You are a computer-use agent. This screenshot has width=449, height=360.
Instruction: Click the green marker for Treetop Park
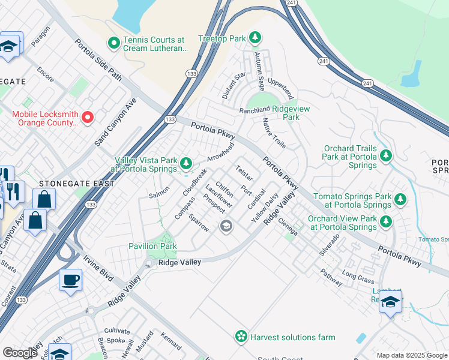255,38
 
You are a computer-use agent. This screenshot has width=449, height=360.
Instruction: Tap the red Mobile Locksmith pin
88,117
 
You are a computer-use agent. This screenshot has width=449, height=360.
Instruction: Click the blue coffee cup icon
70,280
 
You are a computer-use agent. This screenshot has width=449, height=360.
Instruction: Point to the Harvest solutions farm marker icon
241,337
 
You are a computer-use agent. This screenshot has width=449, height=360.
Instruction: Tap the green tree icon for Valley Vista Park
186,163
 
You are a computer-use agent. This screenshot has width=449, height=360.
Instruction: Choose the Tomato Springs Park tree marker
400,199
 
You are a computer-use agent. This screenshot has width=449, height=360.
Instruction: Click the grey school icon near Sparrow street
226,226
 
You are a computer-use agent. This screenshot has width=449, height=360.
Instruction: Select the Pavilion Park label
152,246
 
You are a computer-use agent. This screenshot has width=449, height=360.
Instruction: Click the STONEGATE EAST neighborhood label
76,183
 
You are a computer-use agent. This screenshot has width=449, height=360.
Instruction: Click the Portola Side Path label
98,61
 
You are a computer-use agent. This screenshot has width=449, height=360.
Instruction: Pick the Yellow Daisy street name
265,208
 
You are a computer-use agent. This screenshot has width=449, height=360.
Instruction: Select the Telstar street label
244,173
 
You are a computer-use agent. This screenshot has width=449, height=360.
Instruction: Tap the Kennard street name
170,341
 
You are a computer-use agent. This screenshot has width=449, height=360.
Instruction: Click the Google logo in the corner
20,353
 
